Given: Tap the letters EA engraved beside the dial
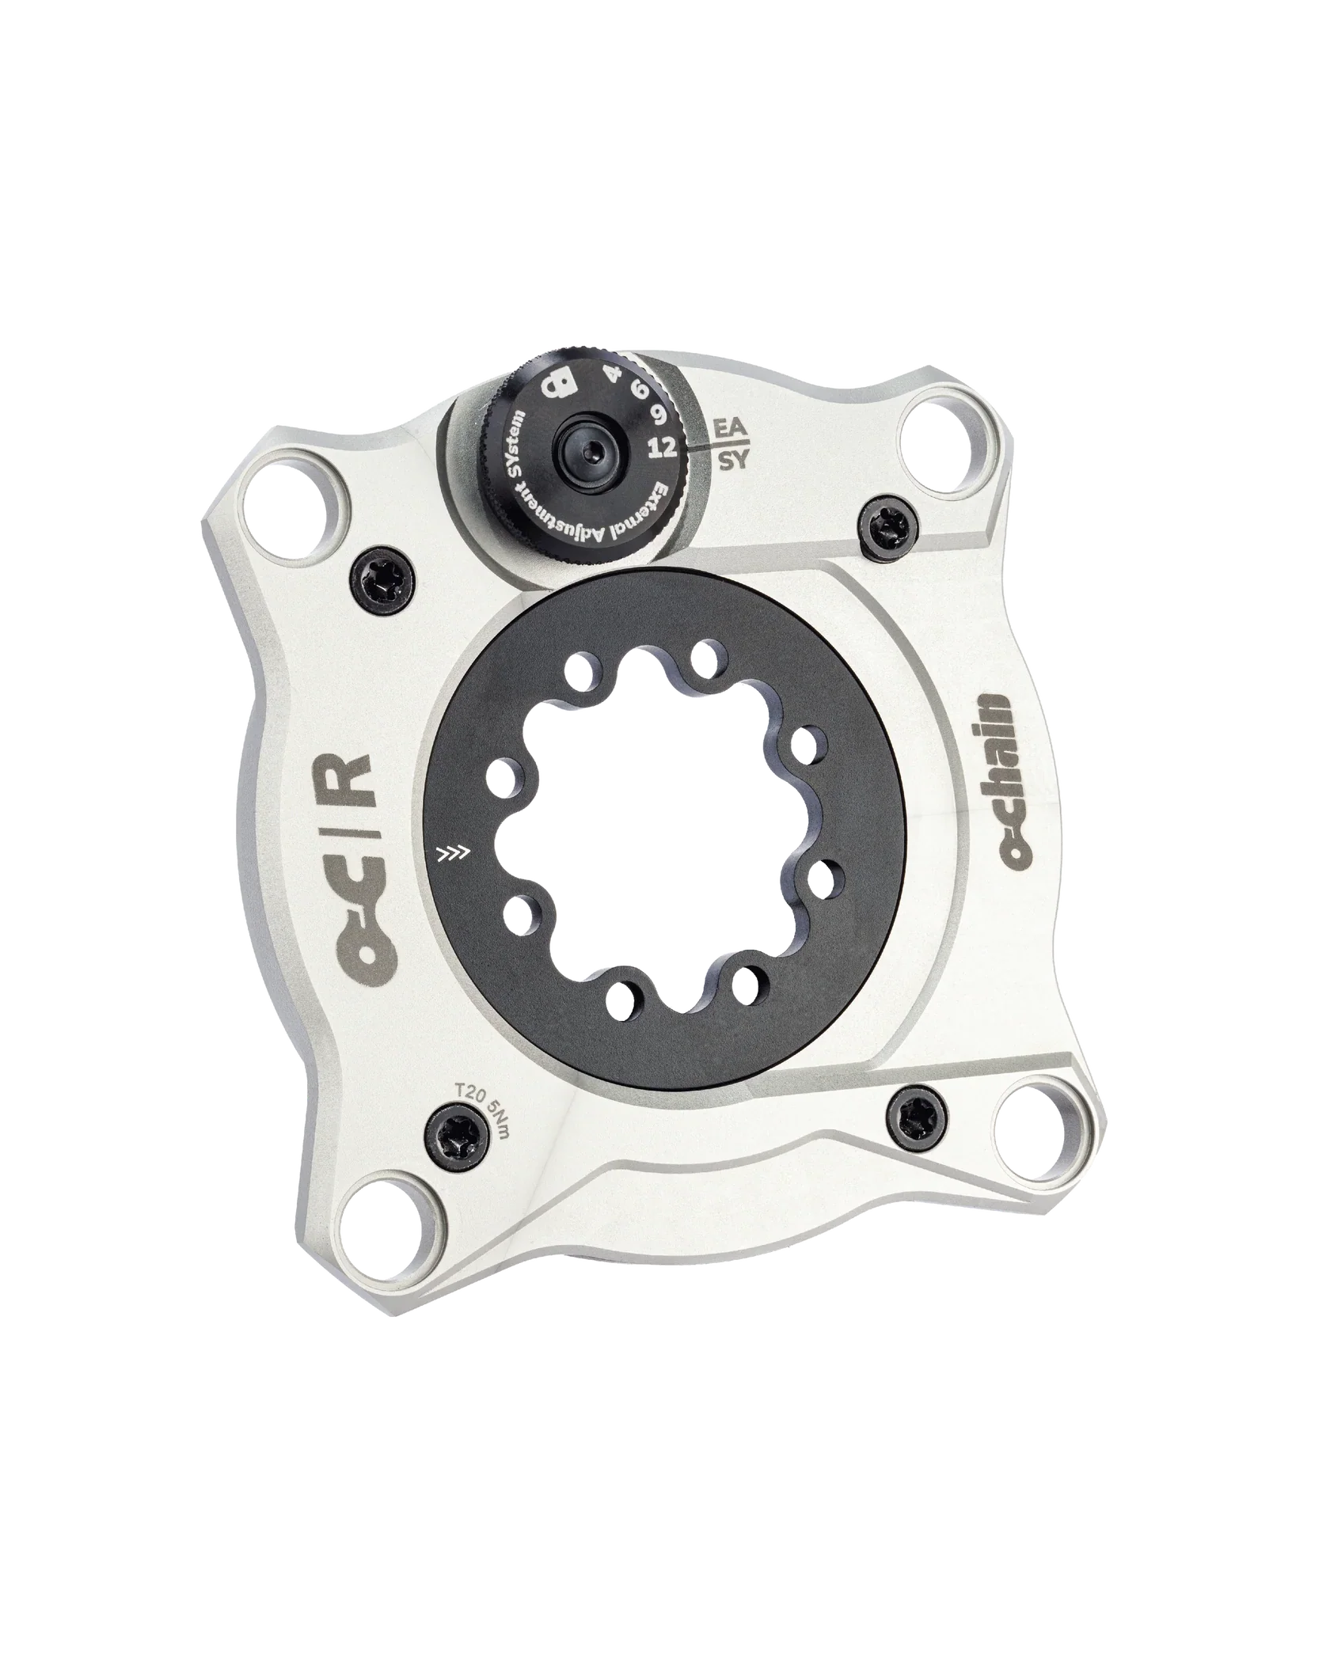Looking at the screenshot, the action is point(728,428).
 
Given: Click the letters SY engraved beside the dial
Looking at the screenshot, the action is point(732,461).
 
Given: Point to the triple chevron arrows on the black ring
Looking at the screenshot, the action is point(454,853).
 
